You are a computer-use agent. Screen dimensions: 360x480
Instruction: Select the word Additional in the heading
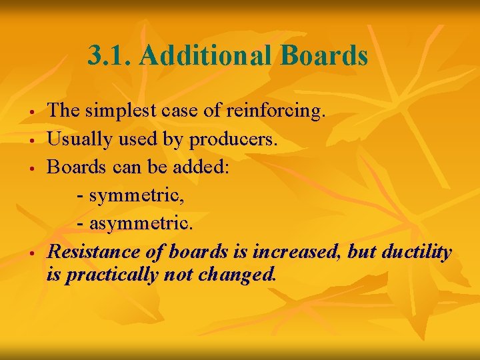(x=204, y=56)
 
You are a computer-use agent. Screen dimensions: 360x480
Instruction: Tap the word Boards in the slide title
(x=324, y=56)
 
